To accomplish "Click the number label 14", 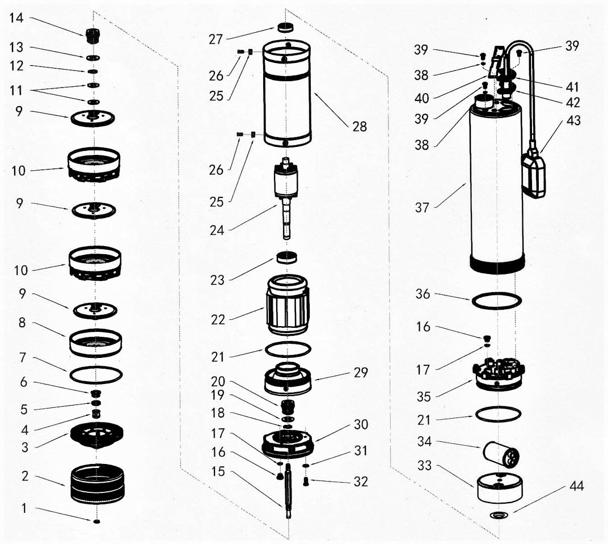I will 16,18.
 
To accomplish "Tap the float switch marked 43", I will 534,175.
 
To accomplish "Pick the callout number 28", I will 359,126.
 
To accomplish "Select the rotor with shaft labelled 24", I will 287,199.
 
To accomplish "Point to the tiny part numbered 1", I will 97,521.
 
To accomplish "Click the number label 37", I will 422,208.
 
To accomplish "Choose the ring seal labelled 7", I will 96,375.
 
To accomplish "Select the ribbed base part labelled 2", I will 97,483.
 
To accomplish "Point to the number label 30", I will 361,424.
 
